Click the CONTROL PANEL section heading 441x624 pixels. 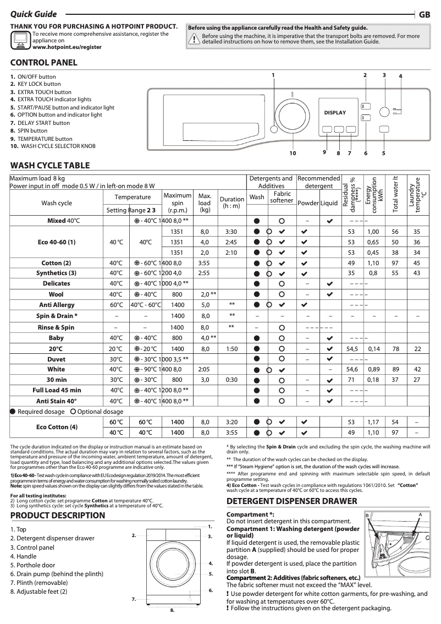point(44,63)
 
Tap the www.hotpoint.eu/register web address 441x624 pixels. point(67,48)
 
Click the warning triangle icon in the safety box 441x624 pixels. point(194,39)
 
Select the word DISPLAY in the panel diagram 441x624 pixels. point(335,113)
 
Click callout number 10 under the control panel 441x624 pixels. point(293,153)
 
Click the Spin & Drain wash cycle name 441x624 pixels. point(57,316)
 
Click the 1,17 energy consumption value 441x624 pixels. point(374,422)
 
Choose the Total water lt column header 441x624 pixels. point(395,194)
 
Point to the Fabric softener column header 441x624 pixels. point(282,198)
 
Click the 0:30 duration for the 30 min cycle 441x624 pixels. point(231,380)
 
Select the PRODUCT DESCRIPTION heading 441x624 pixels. point(58,516)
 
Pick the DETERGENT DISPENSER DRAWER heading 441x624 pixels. point(292,501)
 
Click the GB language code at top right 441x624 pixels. point(425,15)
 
